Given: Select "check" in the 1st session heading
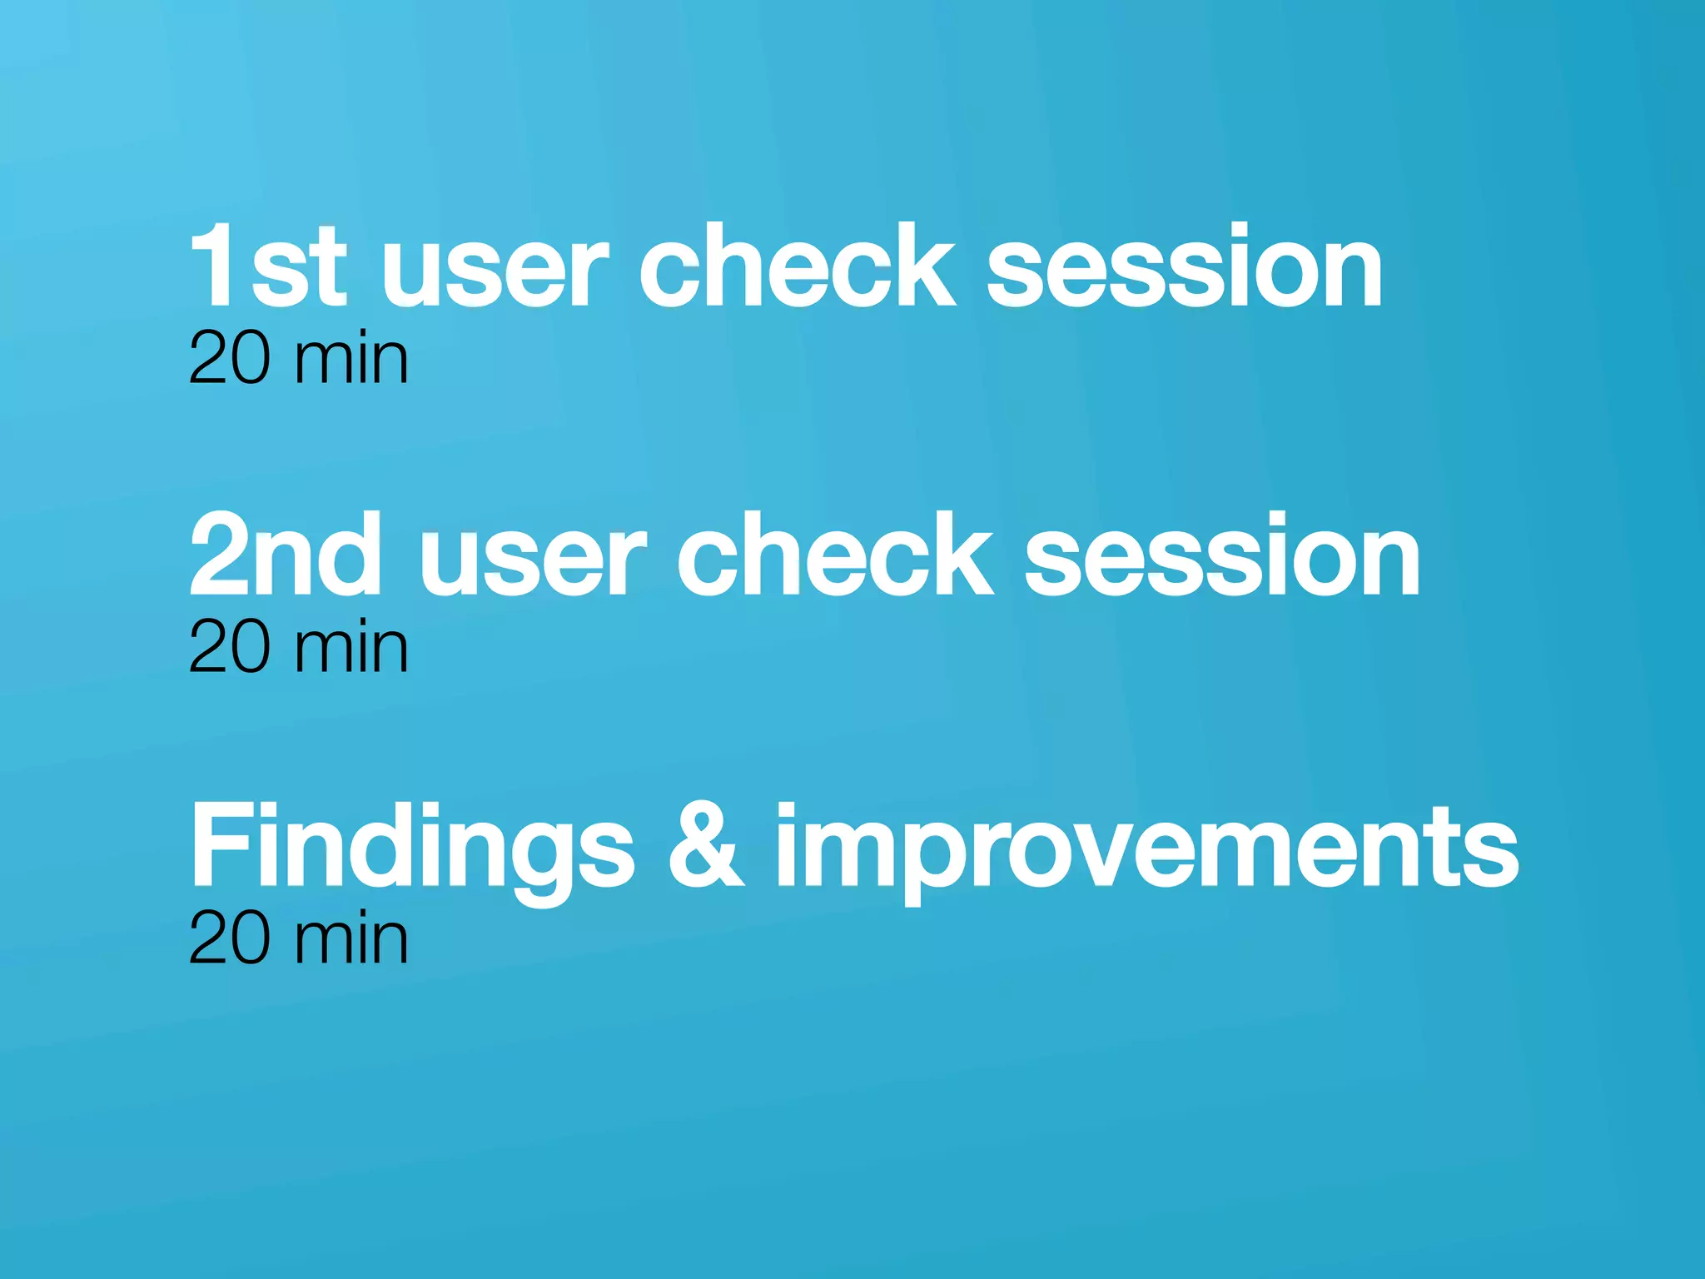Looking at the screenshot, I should click(797, 266).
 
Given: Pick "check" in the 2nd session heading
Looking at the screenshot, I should click(835, 555).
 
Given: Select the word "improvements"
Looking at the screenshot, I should click(1146, 849).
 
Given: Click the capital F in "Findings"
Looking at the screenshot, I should click(218, 844).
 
